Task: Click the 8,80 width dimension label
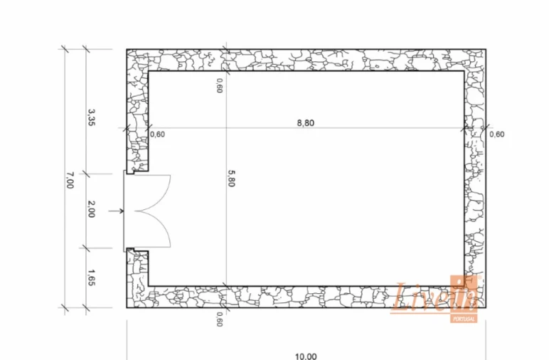point(305,122)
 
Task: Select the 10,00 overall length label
point(306,356)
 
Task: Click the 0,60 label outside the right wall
point(497,134)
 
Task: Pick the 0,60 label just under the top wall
point(219,85)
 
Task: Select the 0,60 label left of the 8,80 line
point(157,134)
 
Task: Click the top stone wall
point(306,60)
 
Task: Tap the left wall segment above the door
point(137,114)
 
